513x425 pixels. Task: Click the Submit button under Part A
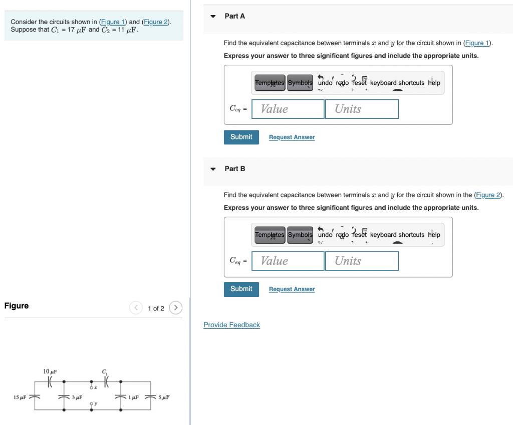(241, 137)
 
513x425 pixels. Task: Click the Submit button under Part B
(241, 289)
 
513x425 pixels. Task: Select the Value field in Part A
(288, 109)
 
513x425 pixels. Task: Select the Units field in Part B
(362, 261)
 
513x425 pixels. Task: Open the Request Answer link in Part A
(292, 137)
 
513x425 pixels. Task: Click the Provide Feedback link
(231, 325)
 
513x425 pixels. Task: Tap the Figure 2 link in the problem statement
(156, 22)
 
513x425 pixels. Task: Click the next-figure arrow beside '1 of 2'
(175, 308)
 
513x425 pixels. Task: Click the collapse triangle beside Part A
(213, 17)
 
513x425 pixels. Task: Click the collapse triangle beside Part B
(213, 169)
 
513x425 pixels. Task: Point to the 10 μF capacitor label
(50, 371)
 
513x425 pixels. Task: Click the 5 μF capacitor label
(164, 397)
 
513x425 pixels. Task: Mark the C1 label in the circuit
(105, 372)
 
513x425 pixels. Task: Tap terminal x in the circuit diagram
(91, 387)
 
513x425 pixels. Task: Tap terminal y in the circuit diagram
(91, 403)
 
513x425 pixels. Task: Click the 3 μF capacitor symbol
(64, 397)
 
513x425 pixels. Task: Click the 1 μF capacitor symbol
(121, 397)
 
